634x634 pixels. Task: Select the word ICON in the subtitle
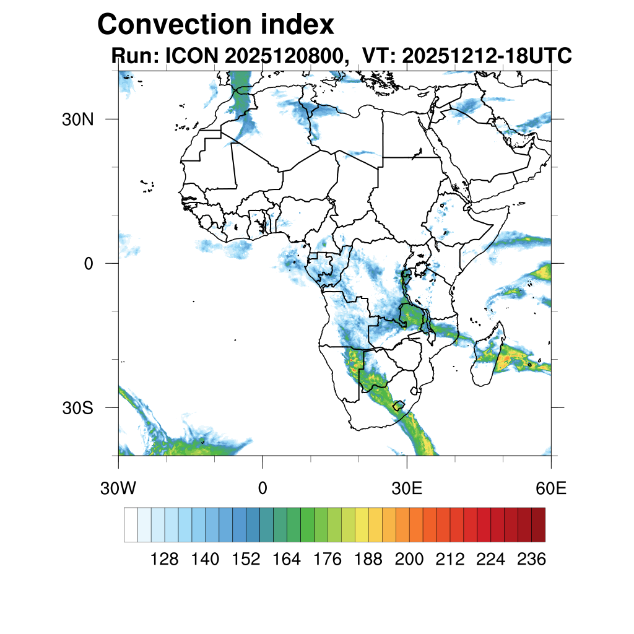coord(189,56)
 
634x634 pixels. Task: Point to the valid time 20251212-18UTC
coord(487,56)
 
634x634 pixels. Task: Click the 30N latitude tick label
coord(77,119)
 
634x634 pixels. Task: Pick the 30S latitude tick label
coord(77,409)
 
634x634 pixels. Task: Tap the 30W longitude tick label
coord(118,489)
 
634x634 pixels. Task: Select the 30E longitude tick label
coord(407,489)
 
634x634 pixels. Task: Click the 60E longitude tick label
coord(551,489)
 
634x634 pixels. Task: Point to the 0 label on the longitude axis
coord(263,489)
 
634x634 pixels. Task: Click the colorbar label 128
coord(165,560)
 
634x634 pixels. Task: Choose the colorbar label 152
coord(246,560)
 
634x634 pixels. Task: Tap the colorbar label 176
coord(328,560)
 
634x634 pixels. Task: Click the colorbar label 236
coord(531,560)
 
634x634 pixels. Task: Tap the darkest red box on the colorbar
coord(538,524)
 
